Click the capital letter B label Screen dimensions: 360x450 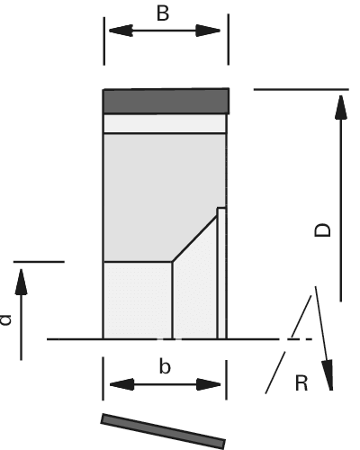[163, 13]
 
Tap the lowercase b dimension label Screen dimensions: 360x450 [165, 366]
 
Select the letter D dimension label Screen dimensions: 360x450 [322, 230]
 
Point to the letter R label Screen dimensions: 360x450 [301, 383]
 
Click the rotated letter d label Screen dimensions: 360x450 [5, 319]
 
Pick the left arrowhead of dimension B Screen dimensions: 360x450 [121, 31]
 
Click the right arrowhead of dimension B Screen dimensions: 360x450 [208, 31]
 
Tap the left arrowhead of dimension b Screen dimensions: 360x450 [121, 384]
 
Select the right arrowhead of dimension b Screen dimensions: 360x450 [209, 384]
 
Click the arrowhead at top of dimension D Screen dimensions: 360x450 [341, 107]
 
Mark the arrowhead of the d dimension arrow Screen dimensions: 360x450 [21, 282]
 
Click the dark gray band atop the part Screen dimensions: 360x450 [166, 102]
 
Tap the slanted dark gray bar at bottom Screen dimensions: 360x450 [163, 431]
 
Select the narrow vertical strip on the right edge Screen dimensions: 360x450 [221, 273]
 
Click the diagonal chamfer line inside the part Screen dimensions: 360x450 [195, 239]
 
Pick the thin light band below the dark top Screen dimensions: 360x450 [165, 123]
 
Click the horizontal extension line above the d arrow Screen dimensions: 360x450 [39, 262]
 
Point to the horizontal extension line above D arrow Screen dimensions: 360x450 [301, 89]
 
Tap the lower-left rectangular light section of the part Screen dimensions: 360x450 [138, 301]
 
